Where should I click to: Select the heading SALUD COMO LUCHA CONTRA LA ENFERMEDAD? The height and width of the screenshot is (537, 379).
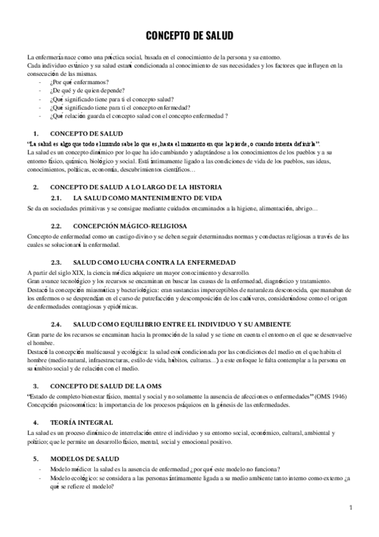pos(154,262)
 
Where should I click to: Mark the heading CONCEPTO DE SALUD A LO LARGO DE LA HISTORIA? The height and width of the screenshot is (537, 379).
pos(135,187)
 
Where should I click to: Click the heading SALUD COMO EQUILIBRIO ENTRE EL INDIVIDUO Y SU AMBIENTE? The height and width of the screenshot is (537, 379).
pos(180,323)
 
